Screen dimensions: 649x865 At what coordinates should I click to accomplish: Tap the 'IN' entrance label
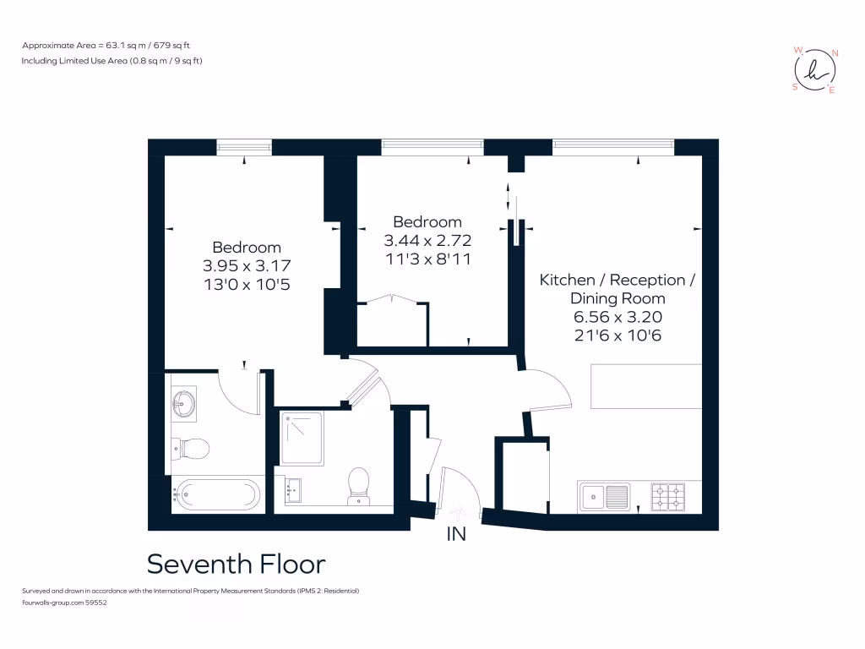[456, 534]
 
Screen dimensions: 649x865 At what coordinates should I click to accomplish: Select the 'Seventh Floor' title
[236, 564]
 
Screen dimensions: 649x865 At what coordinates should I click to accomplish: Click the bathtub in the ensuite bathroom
[217, 494]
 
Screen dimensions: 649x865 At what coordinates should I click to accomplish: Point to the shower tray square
[302, 439]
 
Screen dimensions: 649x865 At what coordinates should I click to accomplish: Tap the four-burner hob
[667, 496]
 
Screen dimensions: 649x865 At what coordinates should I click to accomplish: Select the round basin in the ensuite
[183, 404]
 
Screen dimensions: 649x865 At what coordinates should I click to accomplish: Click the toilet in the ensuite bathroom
[192, 448]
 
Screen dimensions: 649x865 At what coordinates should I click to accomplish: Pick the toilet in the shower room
[359, 485]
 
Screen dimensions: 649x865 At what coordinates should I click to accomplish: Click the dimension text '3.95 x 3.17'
[246, 265]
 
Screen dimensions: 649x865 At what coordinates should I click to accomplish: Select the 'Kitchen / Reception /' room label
[617, 280]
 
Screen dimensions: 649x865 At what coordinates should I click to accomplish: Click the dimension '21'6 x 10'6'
[617, 335]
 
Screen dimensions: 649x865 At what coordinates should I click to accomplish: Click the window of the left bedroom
[244, 147]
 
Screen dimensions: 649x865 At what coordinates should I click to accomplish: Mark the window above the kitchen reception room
[613, 147]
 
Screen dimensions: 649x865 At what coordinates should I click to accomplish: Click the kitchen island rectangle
[646, 386]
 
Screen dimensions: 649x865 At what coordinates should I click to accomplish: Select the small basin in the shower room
[293, 490]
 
